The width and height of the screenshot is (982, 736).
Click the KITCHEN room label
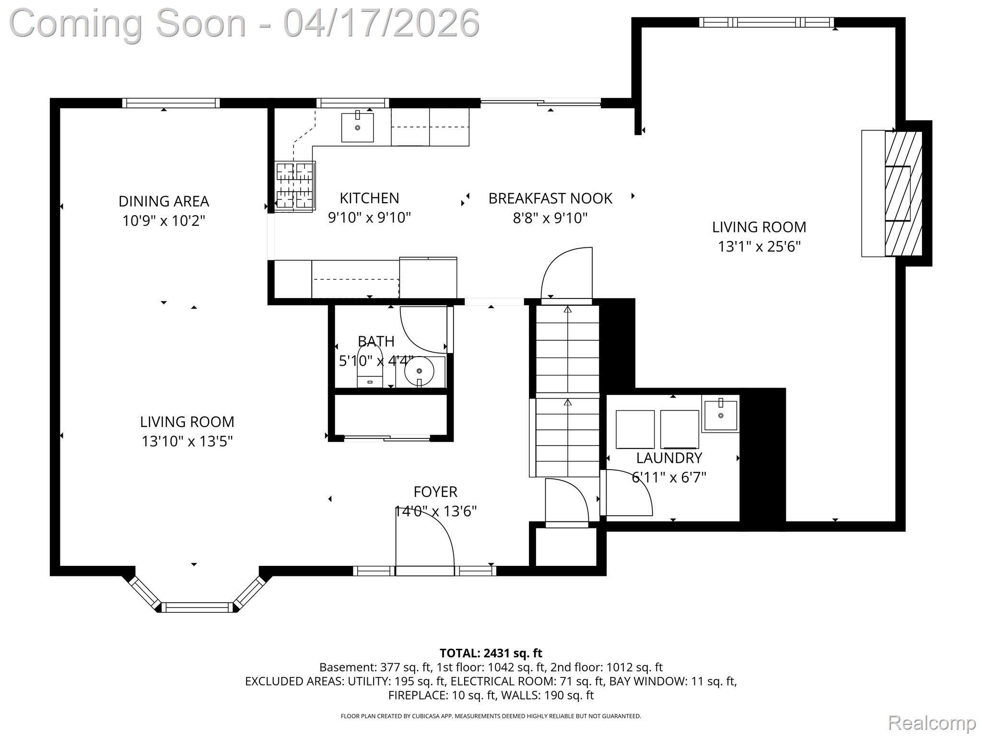coord(369,198)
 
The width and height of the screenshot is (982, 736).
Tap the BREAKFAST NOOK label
coord(550,198)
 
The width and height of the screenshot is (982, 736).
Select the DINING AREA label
coord(164,201)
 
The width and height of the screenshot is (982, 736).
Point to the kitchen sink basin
coord(357,127)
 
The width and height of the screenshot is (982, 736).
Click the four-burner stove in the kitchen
coord(294,186)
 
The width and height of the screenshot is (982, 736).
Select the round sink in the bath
coord(419,371)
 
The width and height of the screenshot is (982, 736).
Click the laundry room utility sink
coord(720,415)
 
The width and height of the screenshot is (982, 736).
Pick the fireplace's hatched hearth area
coord(903,194)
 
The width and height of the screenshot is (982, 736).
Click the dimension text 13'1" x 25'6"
coord(759,246)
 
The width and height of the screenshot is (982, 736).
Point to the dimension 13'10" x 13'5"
coord(187,441)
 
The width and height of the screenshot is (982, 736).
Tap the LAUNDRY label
coord(669,458)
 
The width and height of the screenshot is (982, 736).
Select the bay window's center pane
coord(197,607)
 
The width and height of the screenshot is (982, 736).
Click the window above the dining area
coord(171,103)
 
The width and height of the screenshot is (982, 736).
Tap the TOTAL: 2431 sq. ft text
coord(491,653)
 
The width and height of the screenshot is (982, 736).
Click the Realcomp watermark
coord(932,722)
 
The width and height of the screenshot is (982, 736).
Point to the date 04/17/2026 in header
coord(381,23)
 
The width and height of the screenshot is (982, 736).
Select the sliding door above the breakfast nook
coord(540,102)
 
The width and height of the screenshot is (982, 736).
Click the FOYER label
coord(435,492)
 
